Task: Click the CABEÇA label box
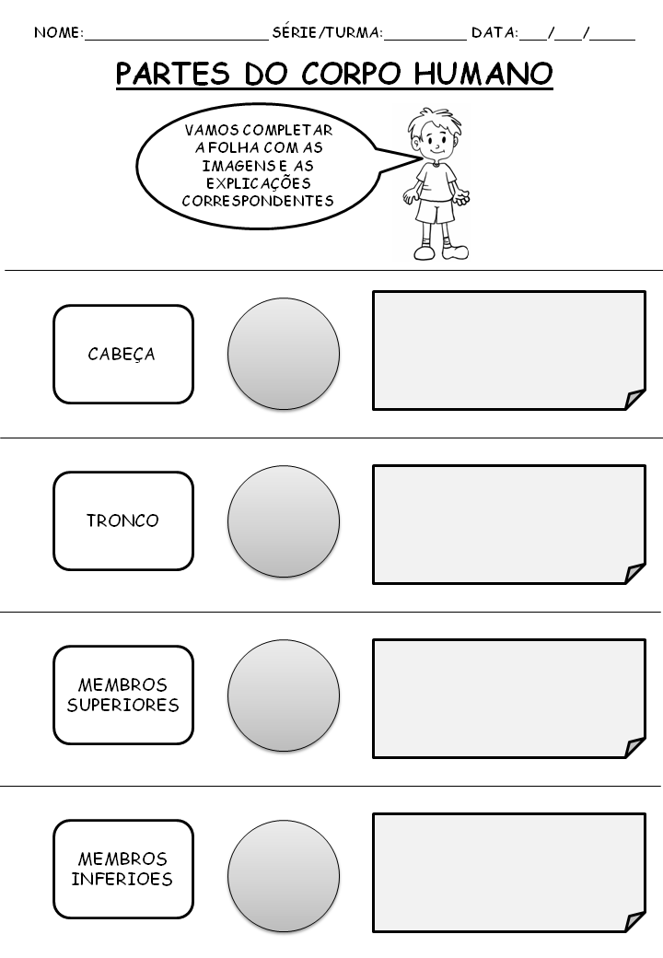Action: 122,355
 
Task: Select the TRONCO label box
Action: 122,520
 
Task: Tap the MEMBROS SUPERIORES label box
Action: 122,695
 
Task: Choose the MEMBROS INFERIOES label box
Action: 122,870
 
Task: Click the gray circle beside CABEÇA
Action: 284,354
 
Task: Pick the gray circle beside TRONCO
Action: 284,521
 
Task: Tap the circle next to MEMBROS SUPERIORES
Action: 284,695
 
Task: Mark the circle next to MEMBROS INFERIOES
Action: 284,870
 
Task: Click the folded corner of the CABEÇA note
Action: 634,399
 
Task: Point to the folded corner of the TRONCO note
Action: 634,573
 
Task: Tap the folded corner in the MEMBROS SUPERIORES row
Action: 634,747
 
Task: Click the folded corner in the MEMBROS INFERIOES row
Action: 634,921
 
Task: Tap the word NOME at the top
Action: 57,33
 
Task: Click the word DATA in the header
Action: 494,33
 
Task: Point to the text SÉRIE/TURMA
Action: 327,33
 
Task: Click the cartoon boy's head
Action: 434,136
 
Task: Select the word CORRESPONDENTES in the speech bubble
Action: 258,201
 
